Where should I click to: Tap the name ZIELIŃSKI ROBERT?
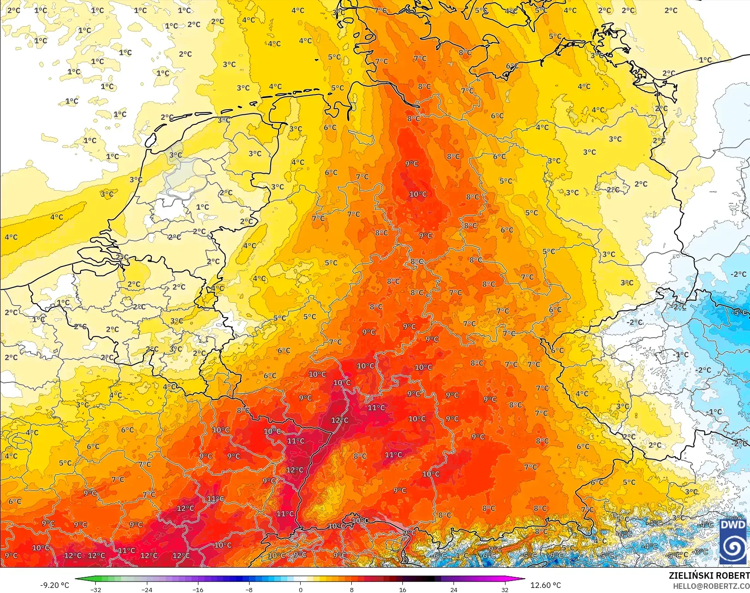pos(709,575)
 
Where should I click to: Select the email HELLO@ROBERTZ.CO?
pos(711,586)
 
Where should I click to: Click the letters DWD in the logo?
pos(733,525)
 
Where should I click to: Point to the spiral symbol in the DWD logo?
pos(733,547)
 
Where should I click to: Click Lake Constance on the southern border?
pos(387,523)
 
